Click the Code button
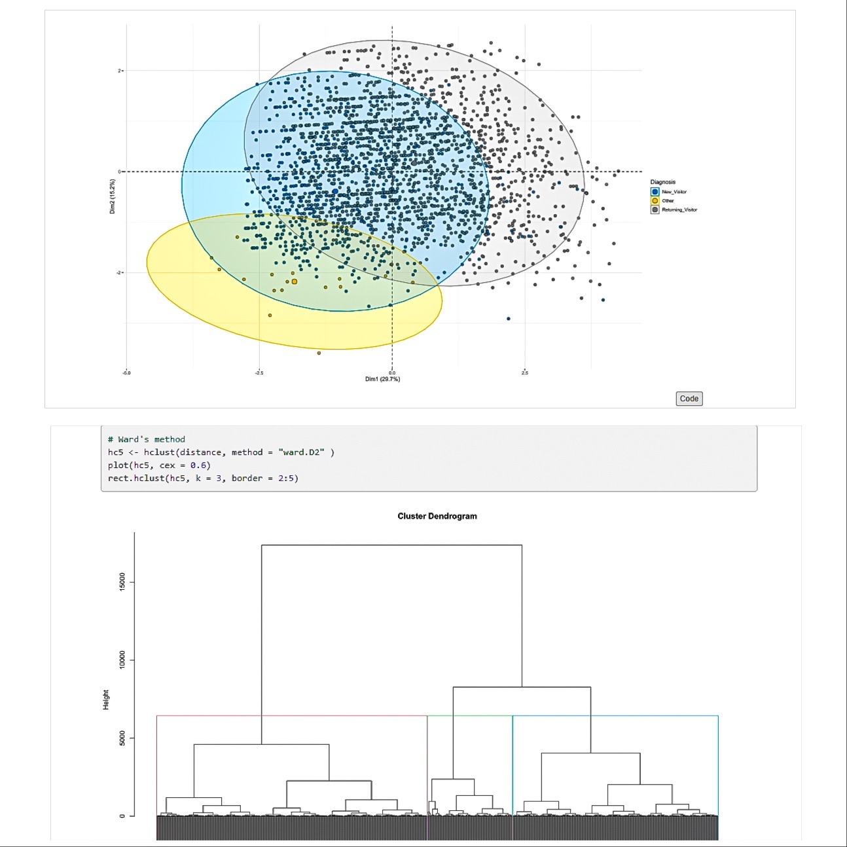point(689,399)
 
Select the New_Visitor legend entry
point(674,192)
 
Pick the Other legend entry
point(668,201)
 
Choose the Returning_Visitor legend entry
point(679,210)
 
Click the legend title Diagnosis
point(662,182)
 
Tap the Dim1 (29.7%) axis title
point(382,379)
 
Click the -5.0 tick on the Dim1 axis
point(126,373)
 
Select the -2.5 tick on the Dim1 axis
point(259,373)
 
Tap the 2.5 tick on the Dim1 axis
point(525,373)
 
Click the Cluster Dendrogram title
point(437,516)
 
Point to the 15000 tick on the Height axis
point(122,582)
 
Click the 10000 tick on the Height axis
point(122,660)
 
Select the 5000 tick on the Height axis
point(122,738)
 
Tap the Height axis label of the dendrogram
point(106,700)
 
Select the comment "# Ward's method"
point(147,439)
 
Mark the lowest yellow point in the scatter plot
point(319,353)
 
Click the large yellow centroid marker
point(295,281)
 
